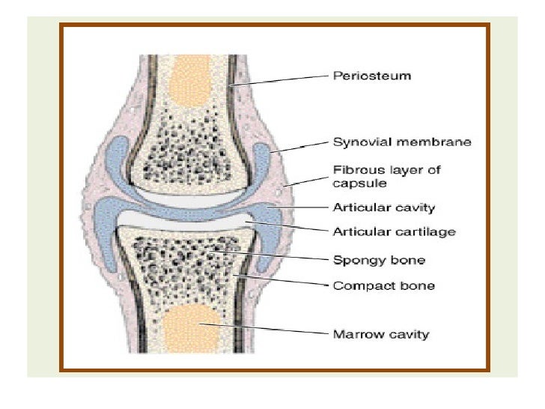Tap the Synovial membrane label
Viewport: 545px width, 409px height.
coord(401,142)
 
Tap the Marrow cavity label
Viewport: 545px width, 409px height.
coord(380,333)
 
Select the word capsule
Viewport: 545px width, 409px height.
coord(354,182)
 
